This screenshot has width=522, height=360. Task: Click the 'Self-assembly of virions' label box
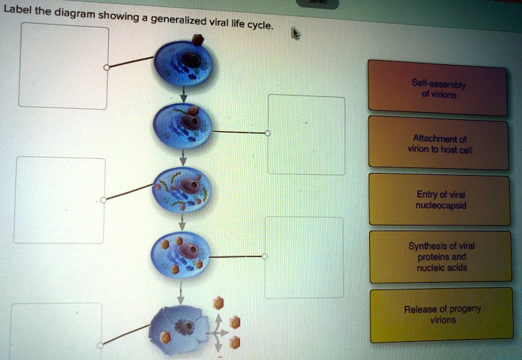click(x=438, y=89)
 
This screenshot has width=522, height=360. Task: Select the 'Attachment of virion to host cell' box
click(x=439, y=144)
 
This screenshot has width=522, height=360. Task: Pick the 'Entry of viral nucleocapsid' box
click(x=439, y=200)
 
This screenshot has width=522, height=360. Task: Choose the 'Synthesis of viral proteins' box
click(x=440, y=257)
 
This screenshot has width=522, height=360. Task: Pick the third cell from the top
click(x=181, y=188)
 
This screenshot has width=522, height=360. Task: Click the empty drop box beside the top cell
click(x=64, y=66)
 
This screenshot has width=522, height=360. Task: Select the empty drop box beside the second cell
click(x=306, y=135)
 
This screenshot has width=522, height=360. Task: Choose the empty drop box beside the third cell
click(x=59, y=200)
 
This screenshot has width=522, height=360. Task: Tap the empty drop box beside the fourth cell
click(x=304, y=257)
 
